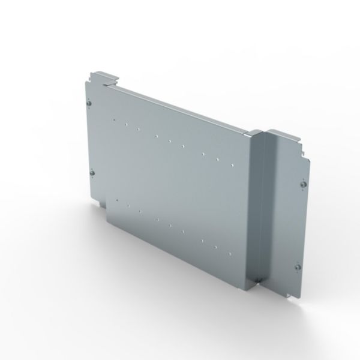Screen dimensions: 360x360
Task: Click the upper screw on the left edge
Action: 90,103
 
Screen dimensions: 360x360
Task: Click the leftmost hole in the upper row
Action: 113,119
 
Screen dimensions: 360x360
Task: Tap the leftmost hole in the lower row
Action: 118,199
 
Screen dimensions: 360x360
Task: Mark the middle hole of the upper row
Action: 170,141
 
